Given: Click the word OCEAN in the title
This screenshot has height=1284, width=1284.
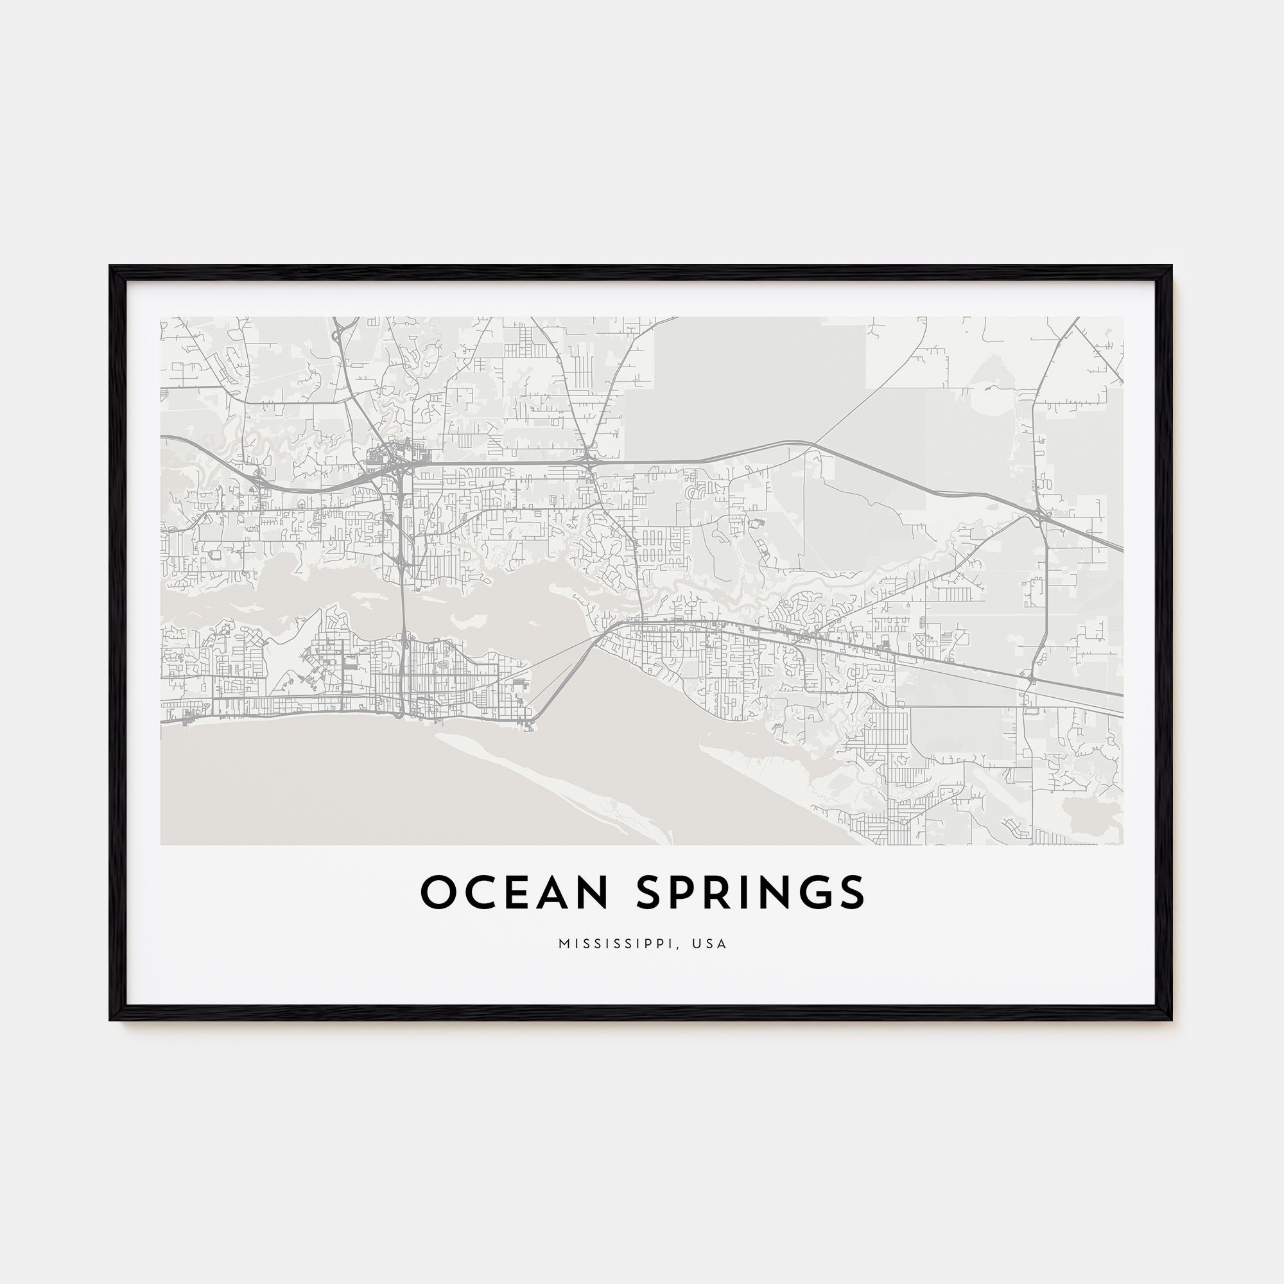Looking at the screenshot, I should tap(514, 892).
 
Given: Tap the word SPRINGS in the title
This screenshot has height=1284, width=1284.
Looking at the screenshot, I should tap(751, 892).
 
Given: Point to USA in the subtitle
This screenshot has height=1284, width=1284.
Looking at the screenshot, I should tap(709, 944).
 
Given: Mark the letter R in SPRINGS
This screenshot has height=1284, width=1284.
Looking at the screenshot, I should tap(720, 892).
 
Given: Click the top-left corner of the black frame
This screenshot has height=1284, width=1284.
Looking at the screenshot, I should tap(111, 267).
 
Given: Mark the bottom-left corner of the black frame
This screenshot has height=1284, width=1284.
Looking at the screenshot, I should tap(111, 1019).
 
